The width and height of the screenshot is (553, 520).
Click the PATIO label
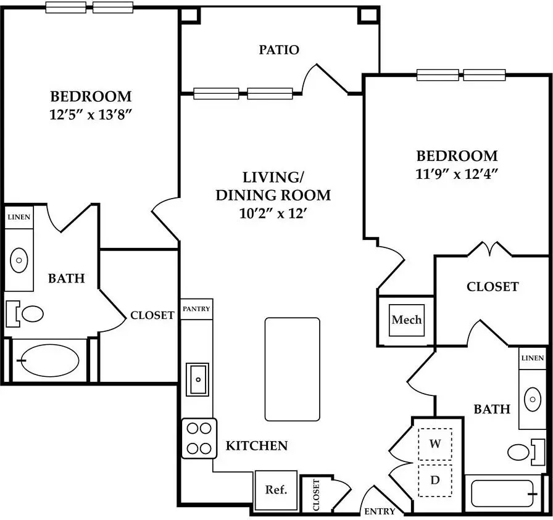click(x=279, y=50)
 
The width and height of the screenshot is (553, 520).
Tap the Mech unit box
click(x=406, y=320)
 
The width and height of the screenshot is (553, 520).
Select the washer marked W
click(x=435, y=444)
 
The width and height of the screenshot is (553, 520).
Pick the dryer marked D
click(x=435, y=480)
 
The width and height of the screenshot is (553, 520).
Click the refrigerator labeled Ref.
click(x=276, y=490)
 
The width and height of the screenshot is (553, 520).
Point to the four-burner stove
click(x=199, y=438)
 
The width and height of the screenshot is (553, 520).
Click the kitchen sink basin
click(x=197, y=379)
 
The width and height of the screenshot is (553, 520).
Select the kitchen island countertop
click(x=293, y=369)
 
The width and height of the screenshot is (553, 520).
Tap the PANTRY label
click(x=196, y=309)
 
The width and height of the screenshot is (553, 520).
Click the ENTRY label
click(x=380, y=511)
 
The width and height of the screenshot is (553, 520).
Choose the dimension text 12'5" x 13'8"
click(x=91, y=115)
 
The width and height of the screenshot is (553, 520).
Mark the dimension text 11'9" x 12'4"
click(x=457, y=174)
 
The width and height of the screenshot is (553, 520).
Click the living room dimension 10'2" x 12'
click(x=272, y=213)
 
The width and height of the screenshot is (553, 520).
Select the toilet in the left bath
click(x=25, y=314)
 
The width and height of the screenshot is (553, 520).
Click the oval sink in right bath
click(x=533, y=400)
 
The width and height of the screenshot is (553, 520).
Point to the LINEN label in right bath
click(x=533, y=358)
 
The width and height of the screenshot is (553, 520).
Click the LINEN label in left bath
click(x=19, y=217)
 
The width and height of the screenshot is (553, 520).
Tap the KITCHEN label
click(x=257, y=446)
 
